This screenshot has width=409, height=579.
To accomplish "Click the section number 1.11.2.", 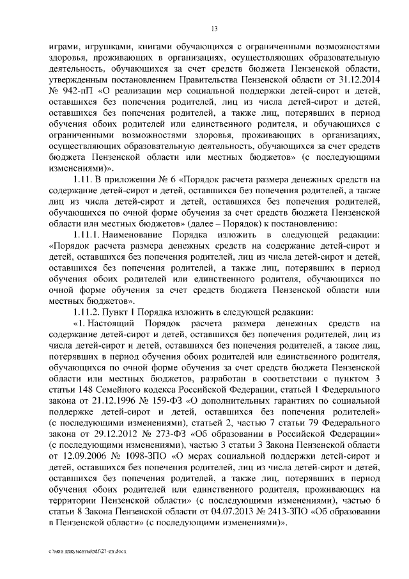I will pos(90,311).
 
